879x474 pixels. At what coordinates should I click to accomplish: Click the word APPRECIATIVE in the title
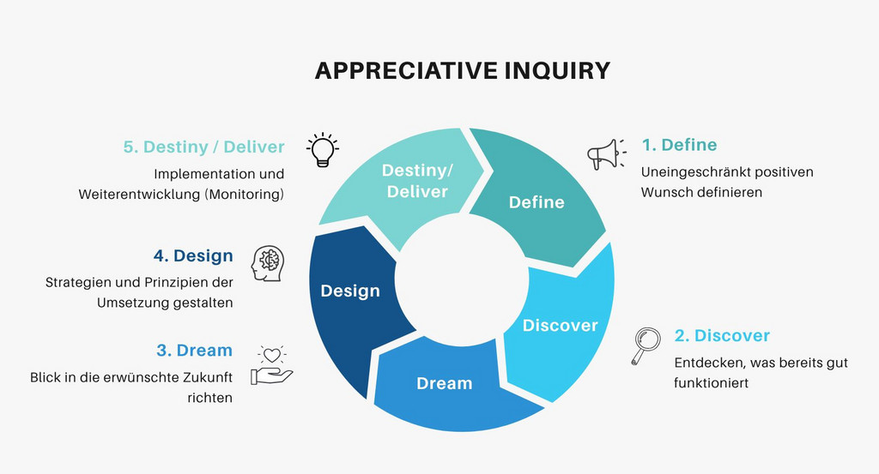403,70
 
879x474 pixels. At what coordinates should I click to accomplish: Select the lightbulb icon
322,149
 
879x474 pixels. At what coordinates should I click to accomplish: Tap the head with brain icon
268,263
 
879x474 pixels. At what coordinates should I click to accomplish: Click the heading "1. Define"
679,145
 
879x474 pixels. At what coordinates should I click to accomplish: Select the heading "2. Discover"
722,335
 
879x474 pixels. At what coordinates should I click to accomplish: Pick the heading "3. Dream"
194,350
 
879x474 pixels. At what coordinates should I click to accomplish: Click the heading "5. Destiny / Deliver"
203,147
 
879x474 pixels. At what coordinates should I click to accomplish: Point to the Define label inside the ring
536,202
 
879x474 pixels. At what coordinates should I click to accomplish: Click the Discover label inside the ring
560,325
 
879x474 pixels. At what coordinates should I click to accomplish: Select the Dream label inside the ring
444,383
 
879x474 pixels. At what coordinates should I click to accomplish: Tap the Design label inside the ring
350,291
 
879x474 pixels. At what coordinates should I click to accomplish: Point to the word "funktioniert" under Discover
711,382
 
